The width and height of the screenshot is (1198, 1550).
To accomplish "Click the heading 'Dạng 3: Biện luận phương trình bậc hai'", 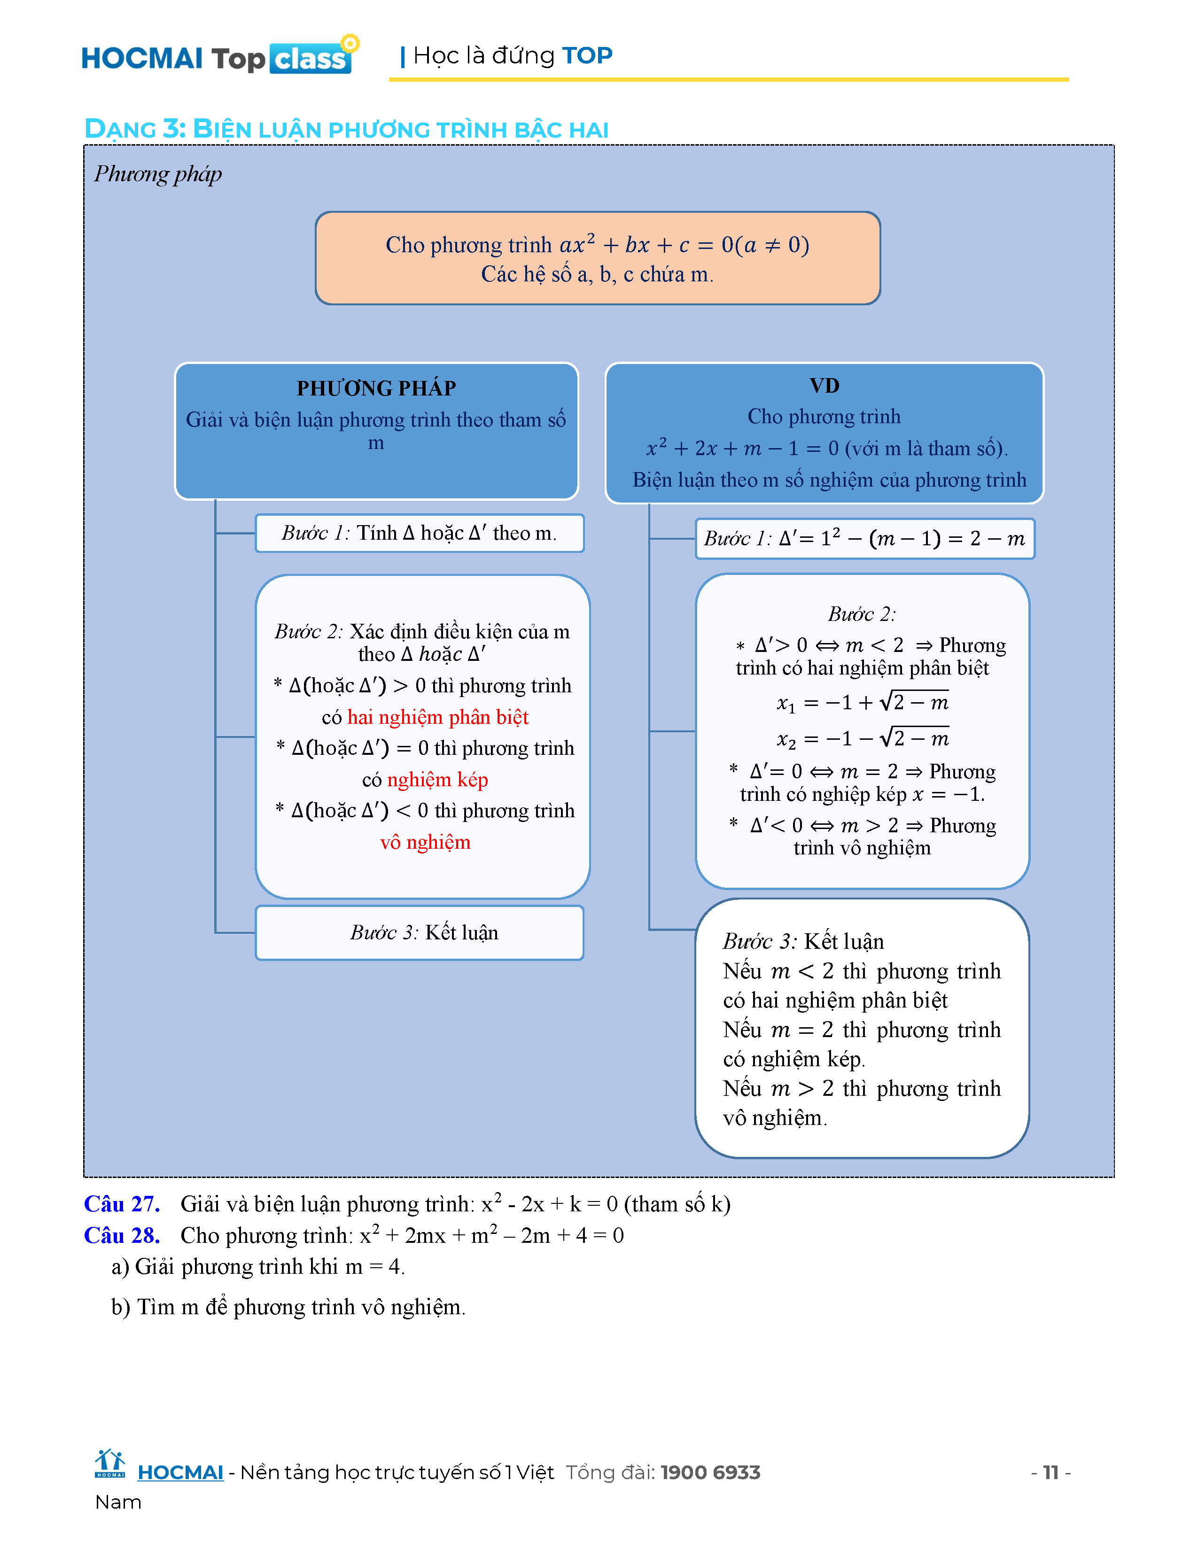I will [x=346, y=129].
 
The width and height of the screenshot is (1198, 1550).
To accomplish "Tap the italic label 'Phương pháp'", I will [x=157, y=174].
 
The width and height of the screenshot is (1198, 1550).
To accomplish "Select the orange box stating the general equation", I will [x=598, y=258].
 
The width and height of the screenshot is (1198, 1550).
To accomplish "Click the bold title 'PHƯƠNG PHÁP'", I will [x=376, y=388].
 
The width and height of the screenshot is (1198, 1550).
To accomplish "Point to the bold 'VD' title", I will [x=824, y=385].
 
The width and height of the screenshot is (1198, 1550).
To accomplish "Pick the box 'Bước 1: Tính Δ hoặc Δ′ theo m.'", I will [x=420, y=533].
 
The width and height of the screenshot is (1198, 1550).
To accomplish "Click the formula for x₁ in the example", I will [x=862, y=703].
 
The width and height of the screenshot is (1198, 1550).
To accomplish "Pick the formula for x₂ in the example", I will [x=862, y=739].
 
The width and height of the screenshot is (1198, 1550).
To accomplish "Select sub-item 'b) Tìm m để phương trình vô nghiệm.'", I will [x=288, y=1307].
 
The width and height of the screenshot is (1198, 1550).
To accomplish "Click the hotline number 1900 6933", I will [x=710, y=1472].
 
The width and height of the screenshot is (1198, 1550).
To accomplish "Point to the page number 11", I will [x=1050, y=1472].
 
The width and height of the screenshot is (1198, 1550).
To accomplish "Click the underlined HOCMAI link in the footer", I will [x=180, y=1472].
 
